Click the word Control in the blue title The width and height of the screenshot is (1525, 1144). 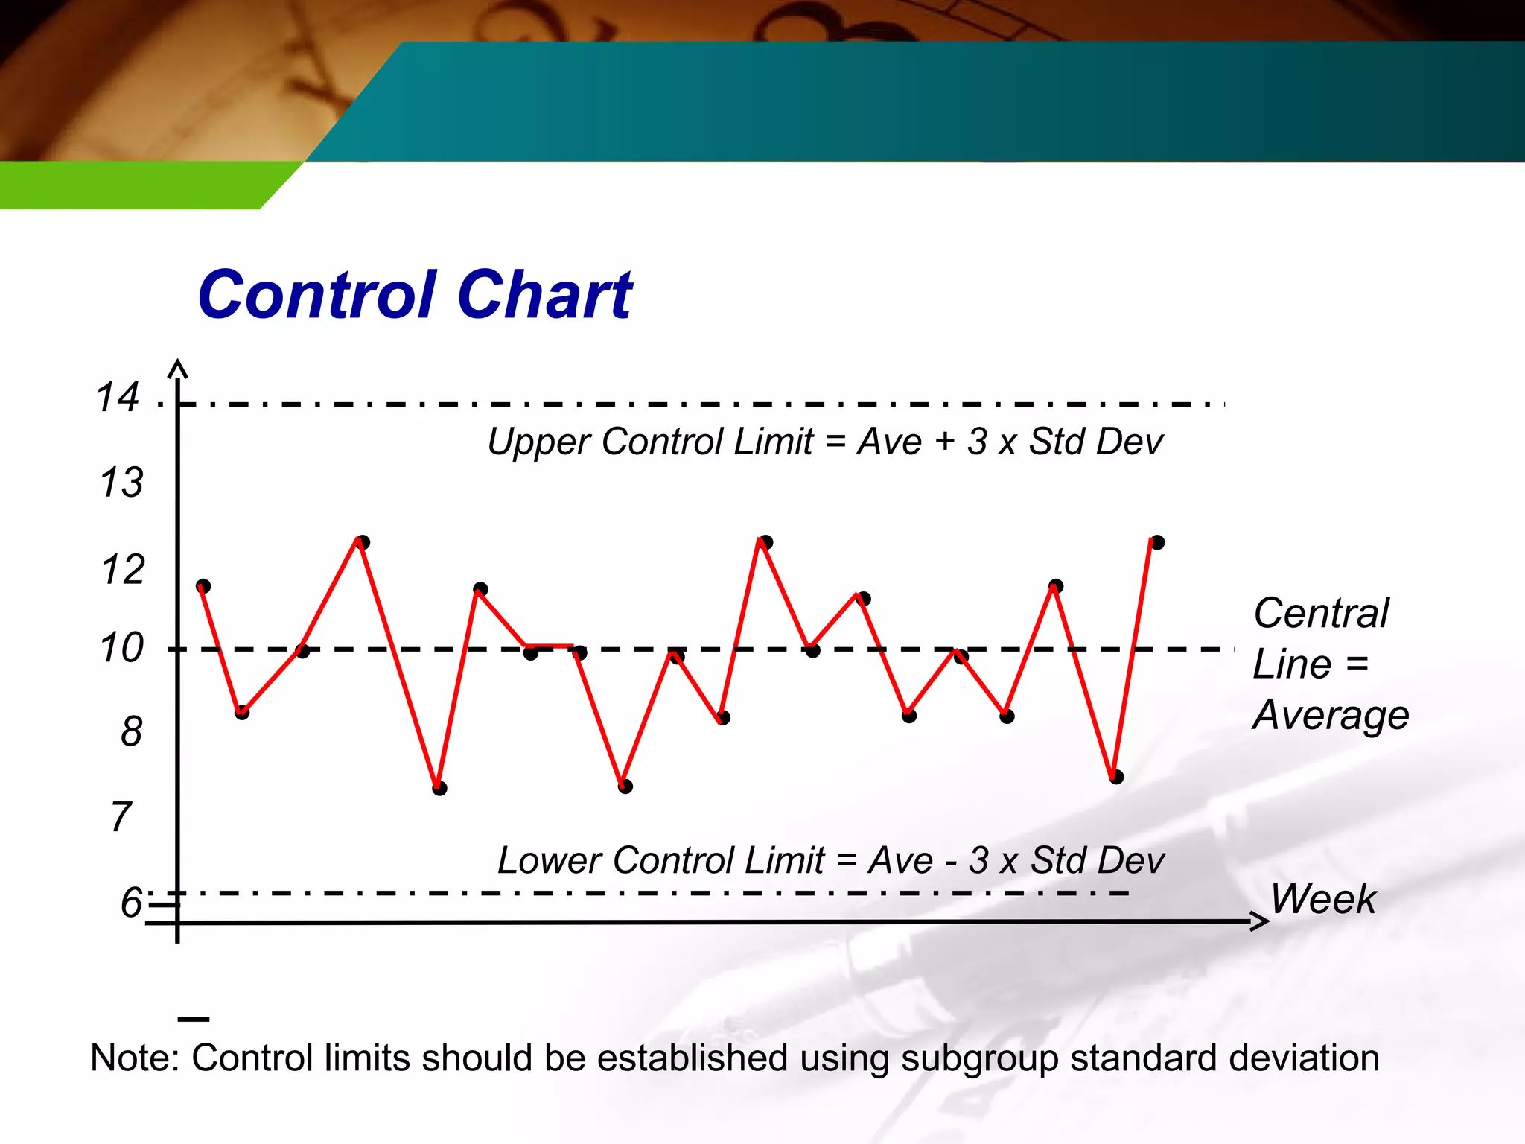coord(316,295)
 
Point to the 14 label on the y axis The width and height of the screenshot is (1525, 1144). coord(118,396)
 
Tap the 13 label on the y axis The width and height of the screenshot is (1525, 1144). coord(121,482)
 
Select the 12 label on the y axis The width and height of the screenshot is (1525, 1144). coord(121,570)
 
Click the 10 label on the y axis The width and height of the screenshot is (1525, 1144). coord(121,647)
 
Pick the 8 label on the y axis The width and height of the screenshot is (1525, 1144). coord(131,731)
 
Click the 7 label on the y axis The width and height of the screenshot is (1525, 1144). coord(121,817)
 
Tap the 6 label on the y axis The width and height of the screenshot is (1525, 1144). coord(131,902)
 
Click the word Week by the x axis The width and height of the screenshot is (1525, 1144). coord(1323,898)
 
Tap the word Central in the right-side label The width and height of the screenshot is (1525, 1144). coord(1320,614)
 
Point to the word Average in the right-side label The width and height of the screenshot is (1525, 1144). coord(1331,715)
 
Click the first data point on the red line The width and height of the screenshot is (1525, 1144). coord(203,586)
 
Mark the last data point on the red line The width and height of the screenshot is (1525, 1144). coord(1157,542)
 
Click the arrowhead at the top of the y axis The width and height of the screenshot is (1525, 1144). coord(178,368)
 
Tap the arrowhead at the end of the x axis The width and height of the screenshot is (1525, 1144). coord(1260,922)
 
